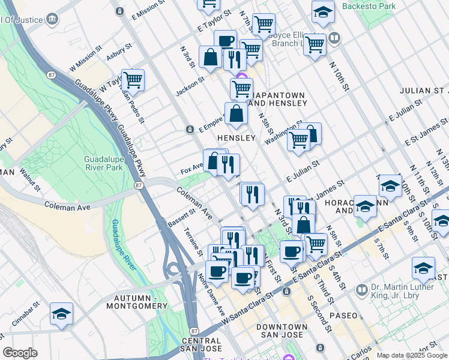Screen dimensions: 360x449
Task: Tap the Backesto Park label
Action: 370,6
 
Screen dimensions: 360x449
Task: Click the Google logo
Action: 20,353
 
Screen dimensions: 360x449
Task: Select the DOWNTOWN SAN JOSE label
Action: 282,331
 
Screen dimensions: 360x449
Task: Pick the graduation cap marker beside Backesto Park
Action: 323,11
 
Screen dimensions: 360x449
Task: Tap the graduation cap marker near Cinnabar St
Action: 61,314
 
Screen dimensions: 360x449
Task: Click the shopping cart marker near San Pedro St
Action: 133,80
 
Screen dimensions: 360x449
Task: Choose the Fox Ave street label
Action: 191,172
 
